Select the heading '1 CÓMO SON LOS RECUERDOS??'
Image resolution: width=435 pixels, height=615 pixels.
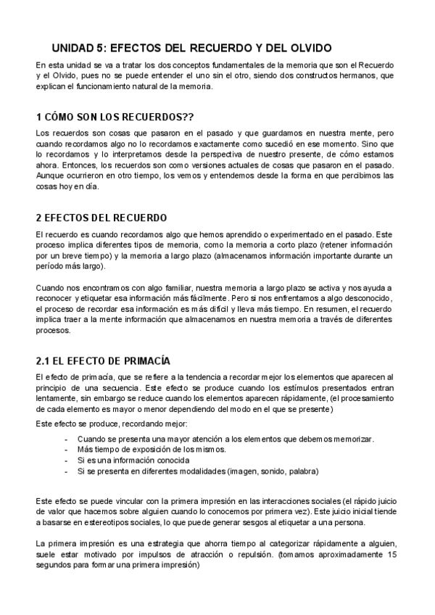115,117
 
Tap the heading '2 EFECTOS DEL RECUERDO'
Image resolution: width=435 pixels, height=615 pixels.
101,218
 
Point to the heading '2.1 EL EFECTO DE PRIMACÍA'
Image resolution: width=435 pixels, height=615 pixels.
103,360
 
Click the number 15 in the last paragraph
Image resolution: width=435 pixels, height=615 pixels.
392,554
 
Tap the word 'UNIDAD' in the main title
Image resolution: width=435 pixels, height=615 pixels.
72,48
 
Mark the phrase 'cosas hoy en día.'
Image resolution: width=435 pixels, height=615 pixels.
65,186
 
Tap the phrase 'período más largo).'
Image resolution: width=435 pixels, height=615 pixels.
70,266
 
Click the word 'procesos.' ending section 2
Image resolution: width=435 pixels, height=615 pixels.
53,331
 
